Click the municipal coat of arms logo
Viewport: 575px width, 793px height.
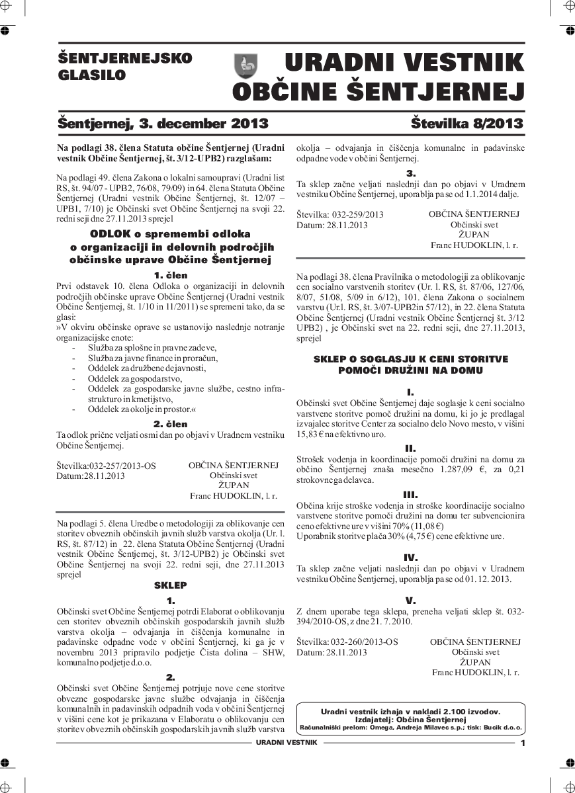tap(246, 66)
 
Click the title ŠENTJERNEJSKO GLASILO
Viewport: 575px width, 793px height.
tap(125, 66)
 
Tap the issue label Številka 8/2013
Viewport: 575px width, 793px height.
tap(466, 124)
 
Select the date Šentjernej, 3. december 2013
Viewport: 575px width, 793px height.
tap(163, 124)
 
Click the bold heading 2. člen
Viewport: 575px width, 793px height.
tap(171, 424)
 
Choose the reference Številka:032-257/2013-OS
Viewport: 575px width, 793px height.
tap(107, 466)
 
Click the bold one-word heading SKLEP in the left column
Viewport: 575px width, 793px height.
tap(171, 585)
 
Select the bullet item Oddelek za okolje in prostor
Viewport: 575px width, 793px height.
tap(142, 409)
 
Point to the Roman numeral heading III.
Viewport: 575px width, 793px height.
tap(410, 494)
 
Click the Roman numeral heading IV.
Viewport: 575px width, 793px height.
tap(410, 558)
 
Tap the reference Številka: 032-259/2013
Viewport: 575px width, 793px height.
tap(339, 215)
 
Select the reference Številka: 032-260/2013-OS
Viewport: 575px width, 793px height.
tap(347, 642)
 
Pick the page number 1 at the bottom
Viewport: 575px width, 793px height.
tap(523, 743)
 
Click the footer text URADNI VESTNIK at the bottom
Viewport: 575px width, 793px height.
tap(287, 743)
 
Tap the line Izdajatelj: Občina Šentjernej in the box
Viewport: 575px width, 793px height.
tap(410, 719)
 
